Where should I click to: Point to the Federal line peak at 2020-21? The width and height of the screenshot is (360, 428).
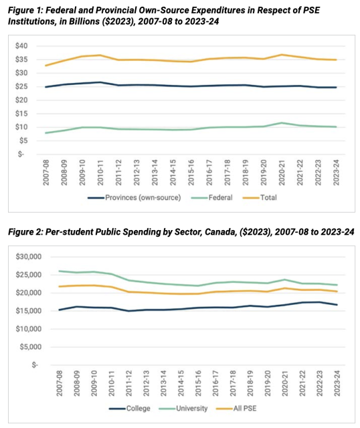click(x=284, y=123)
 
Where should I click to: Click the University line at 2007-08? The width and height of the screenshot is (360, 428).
click(x=60, y=271)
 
